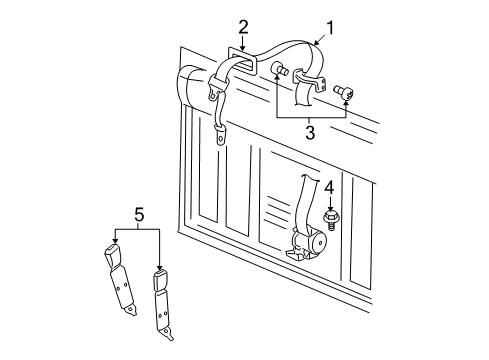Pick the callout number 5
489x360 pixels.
pyautogui.click(x=139, y=215)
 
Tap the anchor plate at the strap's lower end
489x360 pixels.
pyautogui.click(x=221, y=136)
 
